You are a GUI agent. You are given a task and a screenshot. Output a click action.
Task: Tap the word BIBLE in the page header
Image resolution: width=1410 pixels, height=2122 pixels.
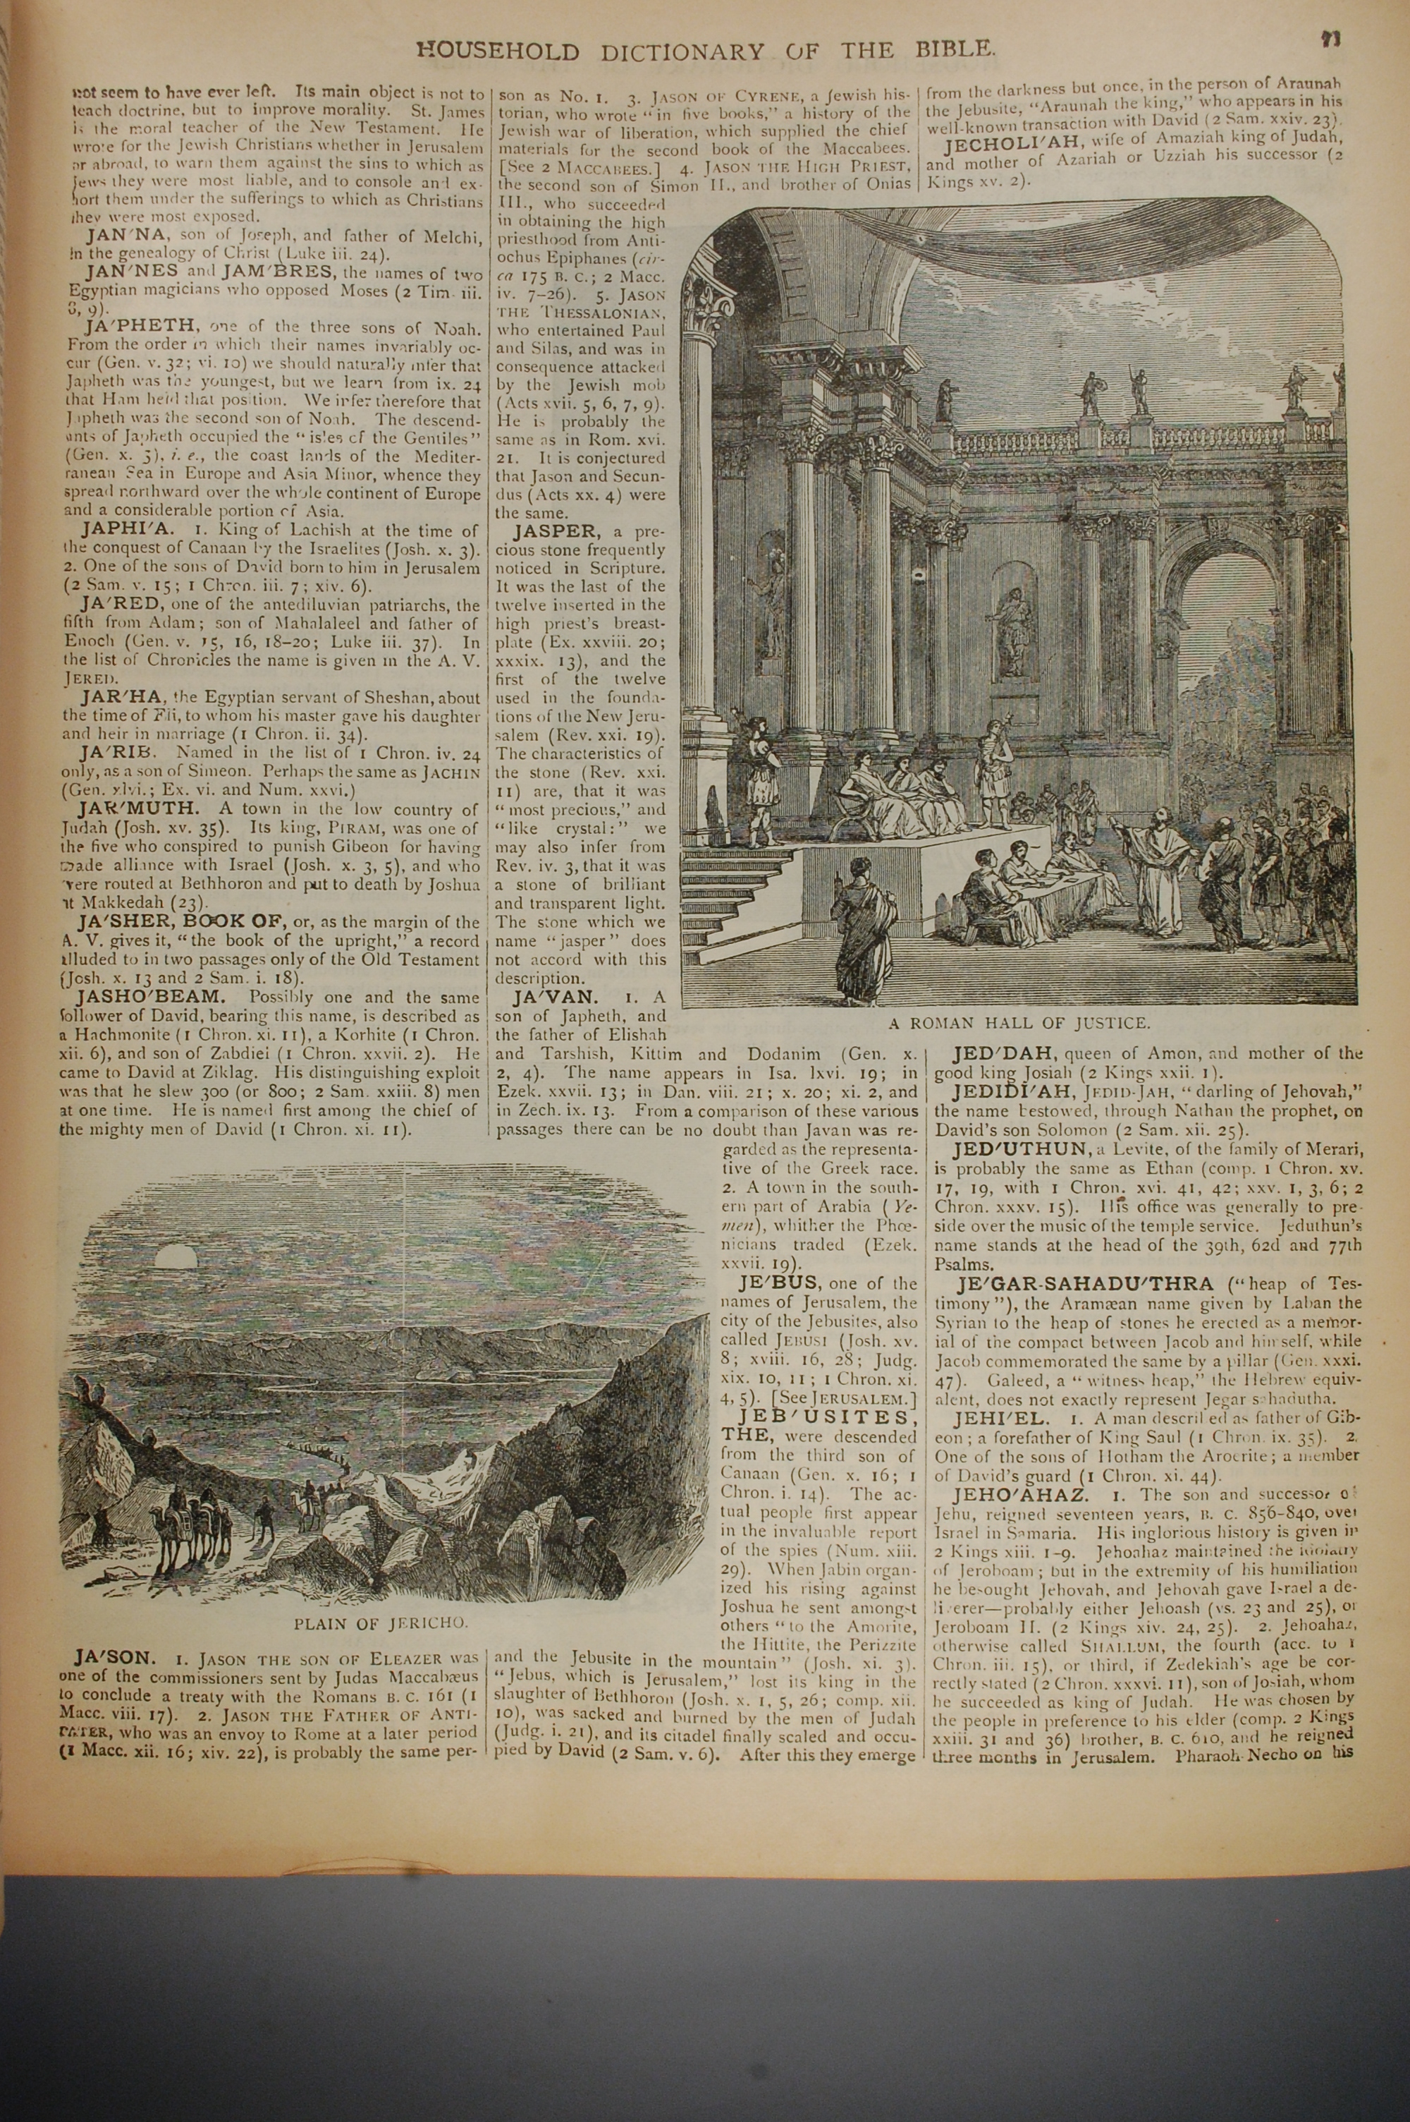[x=950, y=49]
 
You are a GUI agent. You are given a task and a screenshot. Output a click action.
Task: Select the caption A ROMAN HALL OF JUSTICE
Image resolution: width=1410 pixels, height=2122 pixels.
[x=1019, y=1023]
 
